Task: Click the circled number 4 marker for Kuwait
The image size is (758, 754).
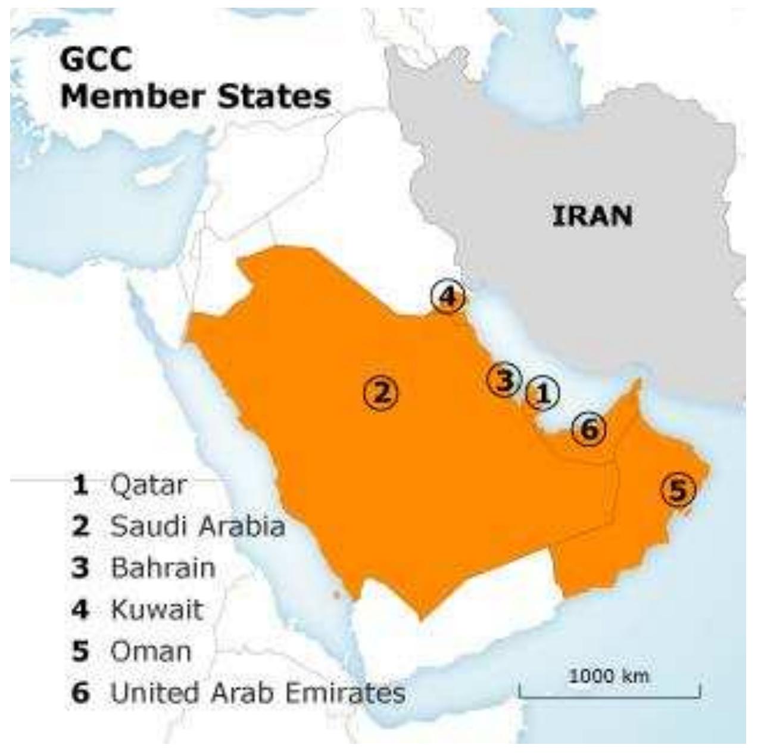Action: tap(448, 296)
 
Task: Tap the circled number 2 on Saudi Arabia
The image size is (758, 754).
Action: tap(381, 392)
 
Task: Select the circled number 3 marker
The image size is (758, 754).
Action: tap(504, 379)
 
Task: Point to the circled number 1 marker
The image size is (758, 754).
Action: tap(542, 393)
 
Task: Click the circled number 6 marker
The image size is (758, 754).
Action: tap(588, 429)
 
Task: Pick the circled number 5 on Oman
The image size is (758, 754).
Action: tap(679, 490)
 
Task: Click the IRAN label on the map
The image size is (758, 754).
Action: tap(592, 216)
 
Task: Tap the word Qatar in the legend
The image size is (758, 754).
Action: tap(148, 485)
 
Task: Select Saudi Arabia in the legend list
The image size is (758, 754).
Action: tap(198, 526)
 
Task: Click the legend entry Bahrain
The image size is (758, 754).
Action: tap(163, 568)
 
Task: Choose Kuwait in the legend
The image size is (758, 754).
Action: tap(157, 609)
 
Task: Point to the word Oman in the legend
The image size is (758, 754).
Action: tap(151, 651)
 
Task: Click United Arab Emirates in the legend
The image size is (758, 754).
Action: tap(258, 693)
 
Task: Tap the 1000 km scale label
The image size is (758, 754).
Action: tap(609, 676)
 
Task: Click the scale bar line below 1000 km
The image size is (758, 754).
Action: tap(609, 696)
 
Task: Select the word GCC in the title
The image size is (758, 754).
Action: tap(96, 60)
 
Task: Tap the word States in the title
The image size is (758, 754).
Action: tap(273, 96)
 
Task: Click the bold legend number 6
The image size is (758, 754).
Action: tap(80, 693)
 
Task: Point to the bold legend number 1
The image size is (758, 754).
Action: tap(80, 485)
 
